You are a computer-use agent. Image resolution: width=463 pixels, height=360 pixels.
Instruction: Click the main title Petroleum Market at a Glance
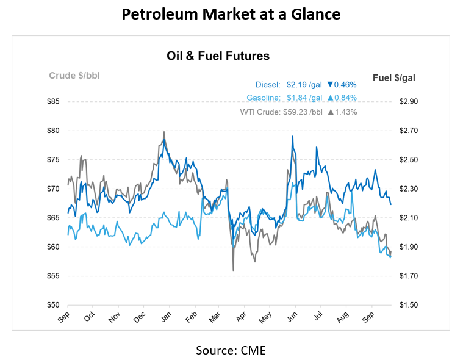pos(231,15)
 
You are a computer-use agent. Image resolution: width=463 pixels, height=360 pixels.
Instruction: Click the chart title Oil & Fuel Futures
pos(218,56)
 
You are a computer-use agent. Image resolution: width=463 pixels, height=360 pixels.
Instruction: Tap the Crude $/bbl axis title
pos(74,76)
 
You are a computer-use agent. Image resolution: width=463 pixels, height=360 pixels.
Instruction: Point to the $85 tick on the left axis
pos(54,101)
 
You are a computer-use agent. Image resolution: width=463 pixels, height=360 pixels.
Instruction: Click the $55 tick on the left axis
pos(54,276)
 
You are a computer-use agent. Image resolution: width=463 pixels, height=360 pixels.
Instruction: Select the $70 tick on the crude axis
pos(54,189)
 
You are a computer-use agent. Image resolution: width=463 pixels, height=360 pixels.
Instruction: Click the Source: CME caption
pos(231,350)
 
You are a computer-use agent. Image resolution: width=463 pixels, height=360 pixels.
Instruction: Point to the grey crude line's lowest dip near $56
pos(233,270)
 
